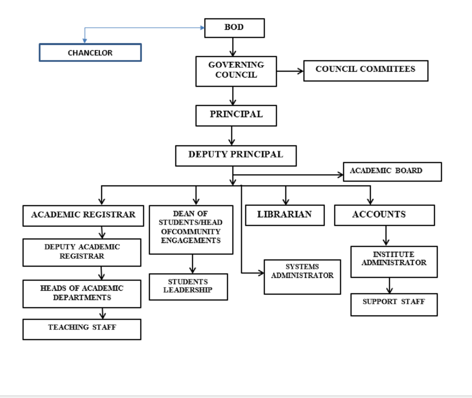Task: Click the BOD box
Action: pyautogui.click(x=234, y=28)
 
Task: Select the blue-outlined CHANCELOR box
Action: pyautogui.click(x=90, y=53)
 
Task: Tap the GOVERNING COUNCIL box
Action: pyautogui.click(x=236, y=71)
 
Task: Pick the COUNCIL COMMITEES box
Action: pyautogui.click(x=366, y=71)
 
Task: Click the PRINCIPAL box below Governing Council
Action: pyautogui.click(x=236, y=115)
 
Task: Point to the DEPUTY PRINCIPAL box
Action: pyautogui.click(x=236, y=156)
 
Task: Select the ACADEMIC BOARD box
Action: pyautogui.click(x=392, y=172)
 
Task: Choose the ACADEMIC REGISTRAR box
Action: pyautogui.click(x=83, y=216)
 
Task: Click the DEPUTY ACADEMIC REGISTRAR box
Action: pyautogui.click(x=82, y=252)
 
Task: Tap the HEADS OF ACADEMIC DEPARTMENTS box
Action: pyautogui.click(x=82, y=294)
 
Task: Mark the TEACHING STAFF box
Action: pyautogui.click(x=82, y=329)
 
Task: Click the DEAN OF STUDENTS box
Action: pyautogui.click(x=191, y=230)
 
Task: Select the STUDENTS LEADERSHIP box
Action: pyautogui.click(x=188, y=287)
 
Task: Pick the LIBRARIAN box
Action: pyautogui.click(x=285, y=215)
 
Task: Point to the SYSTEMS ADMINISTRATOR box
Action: pyautogui.click(x=302, y=276)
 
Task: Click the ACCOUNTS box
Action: pyautogui.click(x=384, y=215)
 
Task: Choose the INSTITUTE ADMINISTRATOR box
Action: pyautogui.click(x=394, y=261)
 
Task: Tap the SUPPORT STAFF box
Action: pyautogui.click(x=394, y=304)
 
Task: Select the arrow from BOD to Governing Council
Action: pyautogui.click(x=233, y=47)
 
